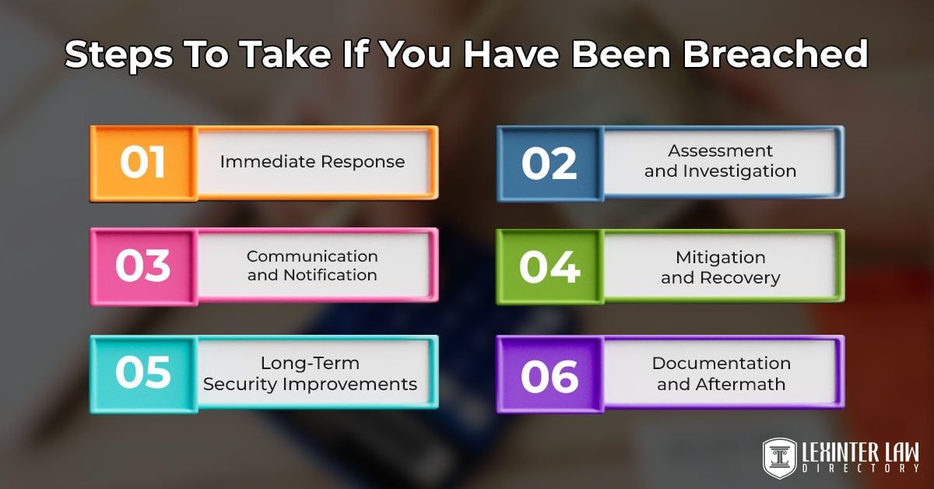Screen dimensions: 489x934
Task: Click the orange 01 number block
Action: pos(142,162)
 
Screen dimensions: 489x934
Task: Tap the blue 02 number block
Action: pos(550,162)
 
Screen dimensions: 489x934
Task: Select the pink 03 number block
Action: pos(142,265)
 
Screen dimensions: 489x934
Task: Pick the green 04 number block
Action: pos(550,266)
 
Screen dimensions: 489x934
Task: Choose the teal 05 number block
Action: pos(142,372)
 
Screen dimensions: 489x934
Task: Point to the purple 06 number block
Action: pos(550,374)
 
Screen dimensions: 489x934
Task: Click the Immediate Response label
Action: pos(312,162)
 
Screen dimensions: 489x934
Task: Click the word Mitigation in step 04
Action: pos(721,257)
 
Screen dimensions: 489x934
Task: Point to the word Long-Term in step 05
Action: pos(311,363)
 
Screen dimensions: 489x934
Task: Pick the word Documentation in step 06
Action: pos(721,363)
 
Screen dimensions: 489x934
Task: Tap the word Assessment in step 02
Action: pos(721,151)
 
